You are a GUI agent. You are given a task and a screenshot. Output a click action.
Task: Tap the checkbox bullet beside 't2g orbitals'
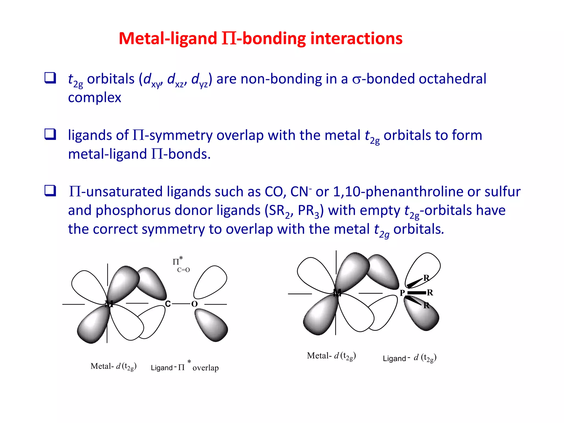point(50,78)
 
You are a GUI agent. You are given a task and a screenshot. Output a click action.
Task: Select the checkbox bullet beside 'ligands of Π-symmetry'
point(50,134)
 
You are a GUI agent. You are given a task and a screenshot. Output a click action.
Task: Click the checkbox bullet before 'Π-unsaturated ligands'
point(50,191)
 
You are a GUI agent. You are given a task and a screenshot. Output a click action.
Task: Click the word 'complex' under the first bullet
point(94,98)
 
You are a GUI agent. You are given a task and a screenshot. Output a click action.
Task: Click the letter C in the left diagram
point(168,304)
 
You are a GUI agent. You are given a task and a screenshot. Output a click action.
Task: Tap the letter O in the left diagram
point(194,304)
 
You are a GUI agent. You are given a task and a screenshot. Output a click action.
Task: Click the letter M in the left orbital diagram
point(109,304)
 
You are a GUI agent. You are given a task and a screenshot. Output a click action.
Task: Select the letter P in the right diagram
point(402,293)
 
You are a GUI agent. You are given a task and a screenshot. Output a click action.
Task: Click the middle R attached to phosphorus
point(430,292)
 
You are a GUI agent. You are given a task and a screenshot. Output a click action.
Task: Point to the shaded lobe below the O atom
point(211,325)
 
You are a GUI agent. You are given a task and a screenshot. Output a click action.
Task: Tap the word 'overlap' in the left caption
point(205,368)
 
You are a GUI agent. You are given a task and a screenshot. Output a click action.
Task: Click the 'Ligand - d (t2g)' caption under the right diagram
point(410,358)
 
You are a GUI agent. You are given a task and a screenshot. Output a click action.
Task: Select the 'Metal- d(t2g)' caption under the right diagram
point(331,356)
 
